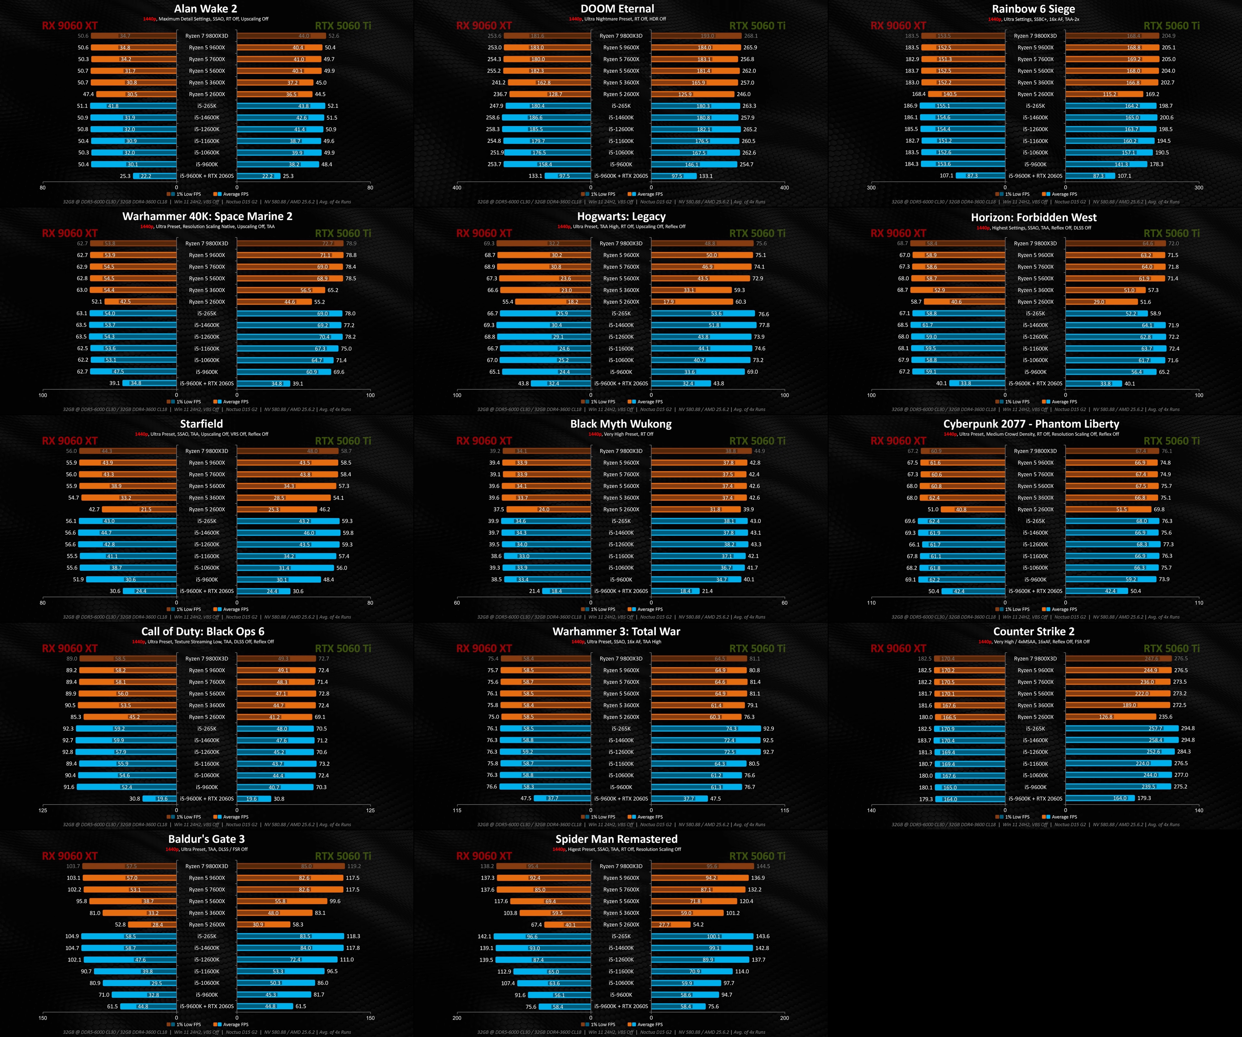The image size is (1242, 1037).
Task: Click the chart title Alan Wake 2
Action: (x=205, y=9)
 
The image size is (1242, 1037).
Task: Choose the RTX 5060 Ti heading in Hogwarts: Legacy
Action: (x=757, y=233)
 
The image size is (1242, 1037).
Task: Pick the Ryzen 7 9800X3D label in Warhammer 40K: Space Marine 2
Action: (x=206, y=243)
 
